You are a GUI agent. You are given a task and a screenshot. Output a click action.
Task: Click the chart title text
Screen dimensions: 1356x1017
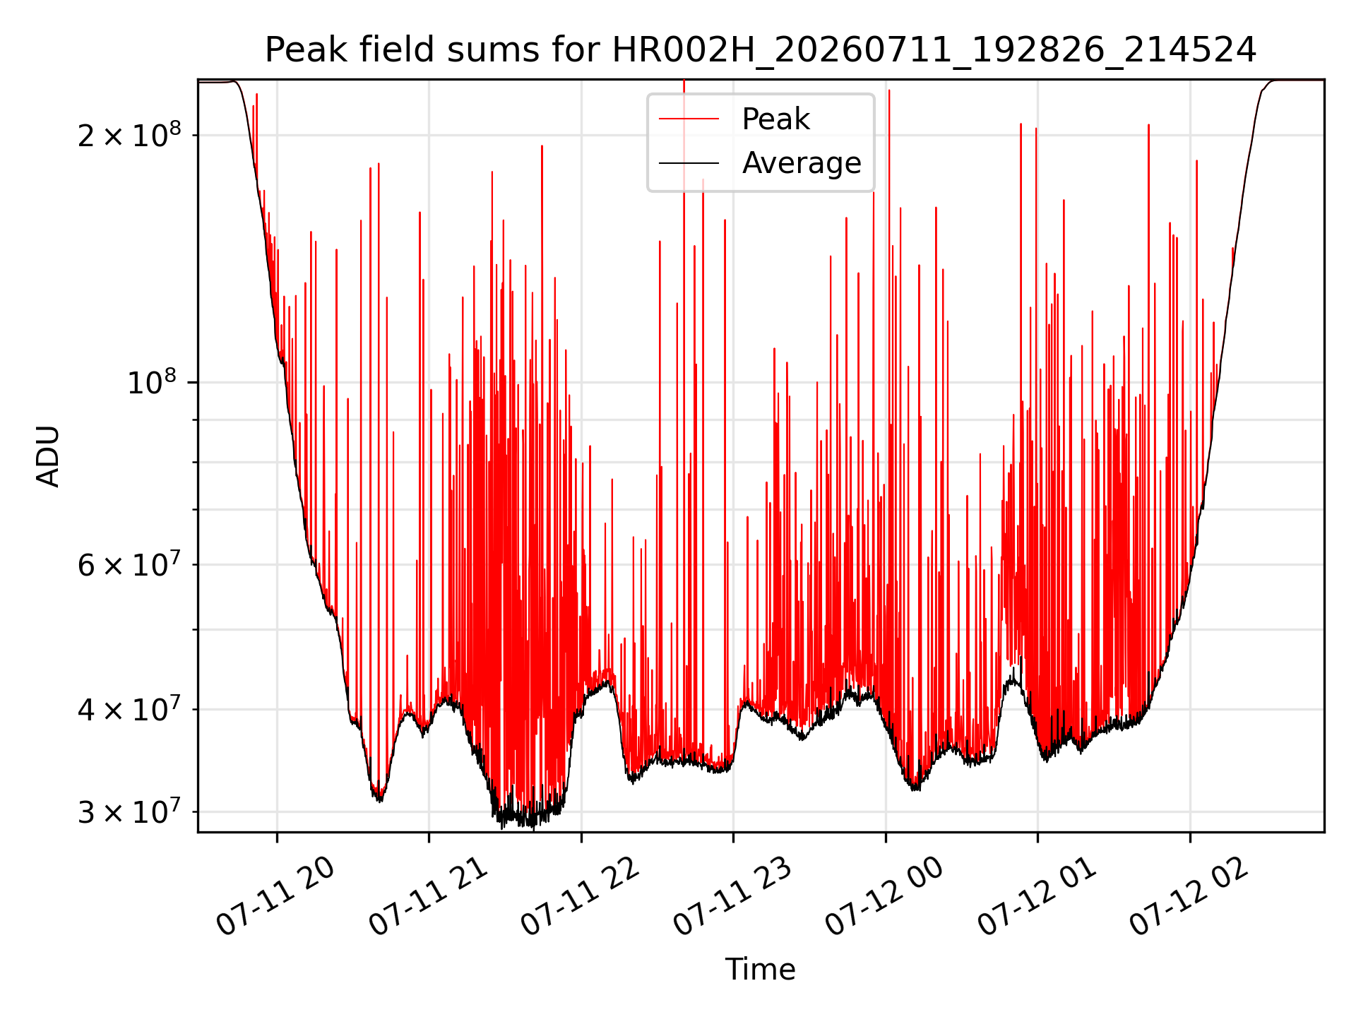click(761, 51)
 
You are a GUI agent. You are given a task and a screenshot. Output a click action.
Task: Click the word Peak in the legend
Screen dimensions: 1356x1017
click(775, 119)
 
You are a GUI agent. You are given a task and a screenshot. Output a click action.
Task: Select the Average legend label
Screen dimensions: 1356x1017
click(802, 163)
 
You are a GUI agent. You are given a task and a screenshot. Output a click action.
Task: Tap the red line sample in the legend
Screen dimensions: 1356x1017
click(689, 119)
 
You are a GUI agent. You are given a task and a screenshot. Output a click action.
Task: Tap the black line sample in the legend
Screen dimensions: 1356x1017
click(689, 163)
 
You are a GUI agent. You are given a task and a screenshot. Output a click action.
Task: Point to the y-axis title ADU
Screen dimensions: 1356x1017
click(48, 456)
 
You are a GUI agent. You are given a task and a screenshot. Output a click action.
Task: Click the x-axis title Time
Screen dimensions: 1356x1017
click(761, 970)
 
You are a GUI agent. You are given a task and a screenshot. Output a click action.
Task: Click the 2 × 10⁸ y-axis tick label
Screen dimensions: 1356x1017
click(129, 134)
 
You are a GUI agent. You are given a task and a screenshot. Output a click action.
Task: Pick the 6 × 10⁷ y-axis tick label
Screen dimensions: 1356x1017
click(129, 564)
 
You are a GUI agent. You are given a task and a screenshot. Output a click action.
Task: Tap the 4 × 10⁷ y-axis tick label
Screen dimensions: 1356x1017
click(129, 709)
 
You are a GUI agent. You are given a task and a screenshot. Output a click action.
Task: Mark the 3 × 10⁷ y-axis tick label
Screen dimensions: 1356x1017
click(129, 811)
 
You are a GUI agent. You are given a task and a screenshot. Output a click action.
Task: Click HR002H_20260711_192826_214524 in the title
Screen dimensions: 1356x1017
click(934, 51)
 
